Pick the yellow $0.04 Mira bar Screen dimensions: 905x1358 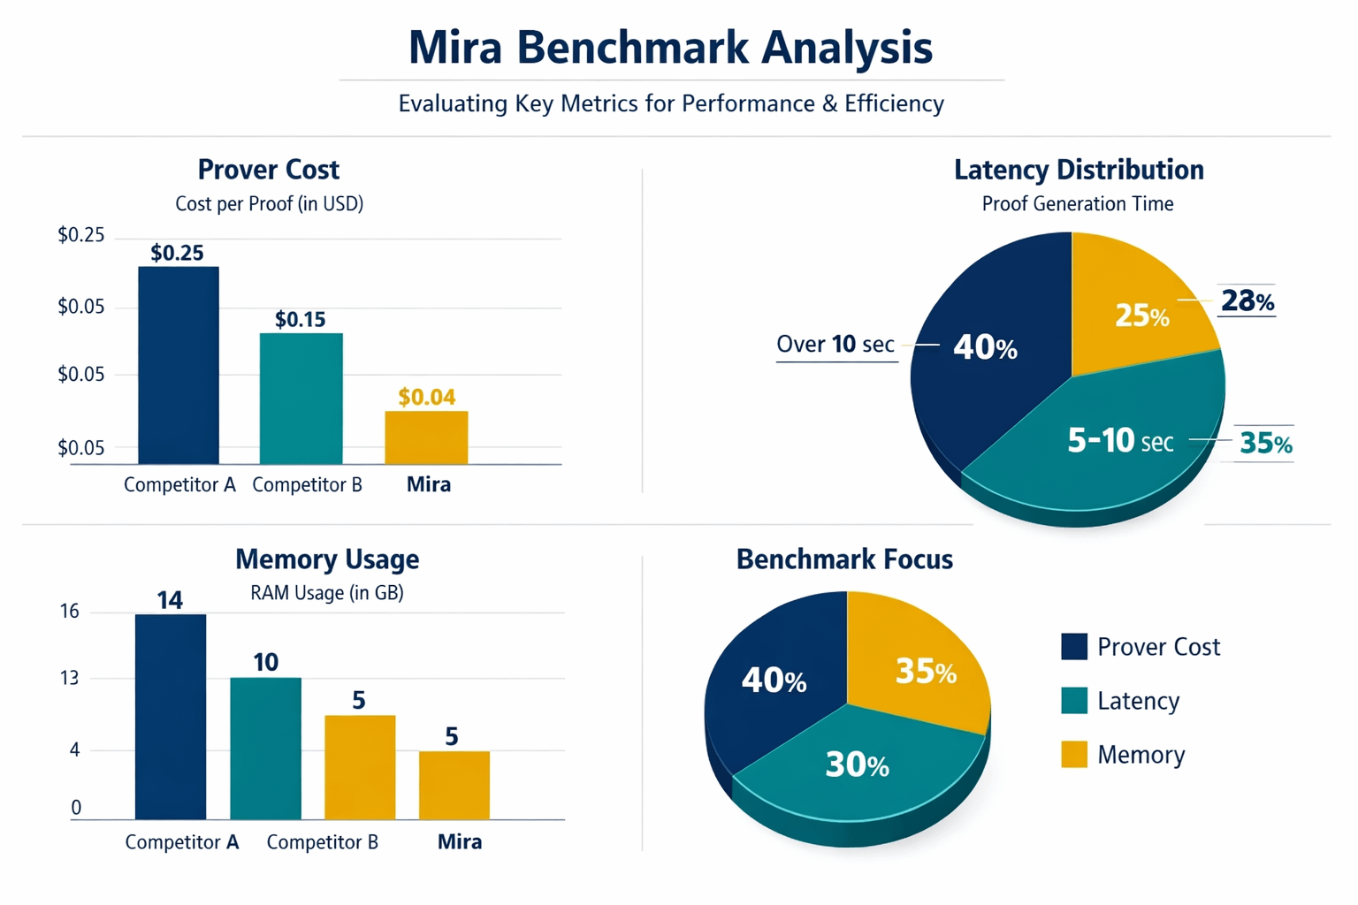coord(426,437)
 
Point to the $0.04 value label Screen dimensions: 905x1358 coord(426,397)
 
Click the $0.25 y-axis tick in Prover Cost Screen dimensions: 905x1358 coord(80,235)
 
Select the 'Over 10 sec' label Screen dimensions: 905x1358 coord(835,344)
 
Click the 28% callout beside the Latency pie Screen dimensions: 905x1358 coord(1247,301)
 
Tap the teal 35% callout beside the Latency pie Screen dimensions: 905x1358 coord(1265,443)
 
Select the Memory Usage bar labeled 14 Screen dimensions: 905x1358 coord(171,716)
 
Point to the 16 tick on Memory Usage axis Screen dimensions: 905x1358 coord(70,612)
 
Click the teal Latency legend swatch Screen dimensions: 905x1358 coord(1073,700)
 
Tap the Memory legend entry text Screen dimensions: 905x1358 coord(1141,755)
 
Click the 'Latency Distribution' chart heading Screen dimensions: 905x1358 coord(1078,170)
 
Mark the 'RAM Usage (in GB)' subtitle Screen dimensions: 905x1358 coord(326,592)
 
